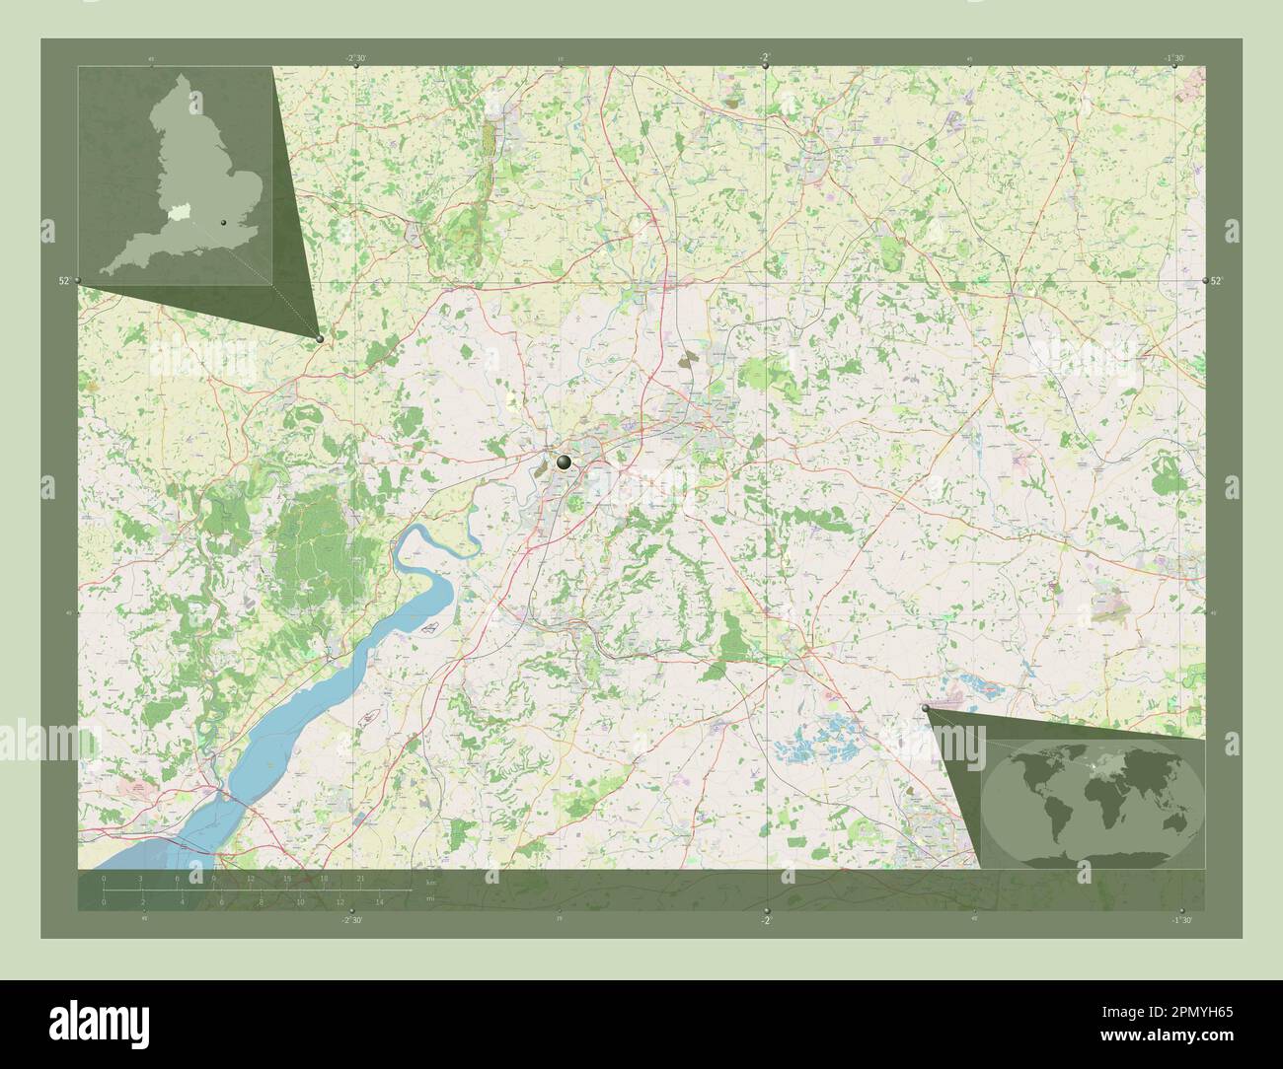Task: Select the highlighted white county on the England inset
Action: [x=177, y=210]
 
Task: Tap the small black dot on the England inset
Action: [x=226, y=224]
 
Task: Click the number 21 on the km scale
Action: [x=361, y=878]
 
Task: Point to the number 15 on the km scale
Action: [x=287, y=878]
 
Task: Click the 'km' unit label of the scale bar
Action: [x=429, y=879]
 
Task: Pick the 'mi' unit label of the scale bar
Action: [x=429, y=899]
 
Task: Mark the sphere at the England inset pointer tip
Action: [x=320, y=338]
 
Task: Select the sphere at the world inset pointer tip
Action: [x=926, y=708]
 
